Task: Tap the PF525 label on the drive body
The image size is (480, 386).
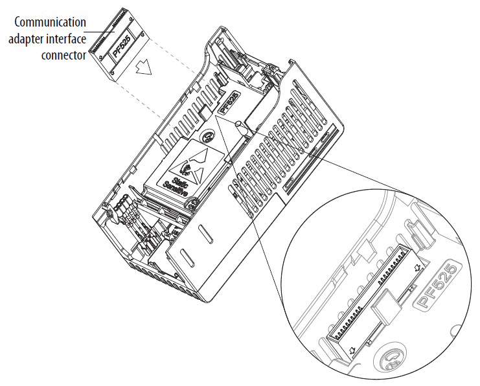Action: click(229, 102)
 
